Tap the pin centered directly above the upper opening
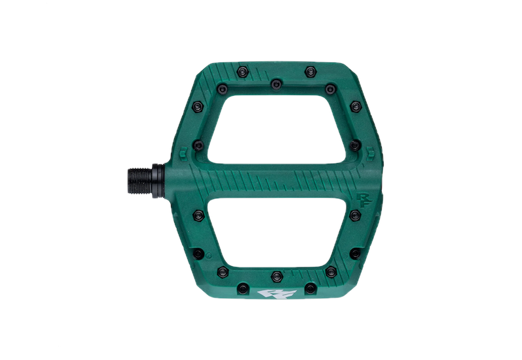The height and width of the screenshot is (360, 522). click(276, 83)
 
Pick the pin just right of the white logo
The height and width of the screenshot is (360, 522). click(307, 288)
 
